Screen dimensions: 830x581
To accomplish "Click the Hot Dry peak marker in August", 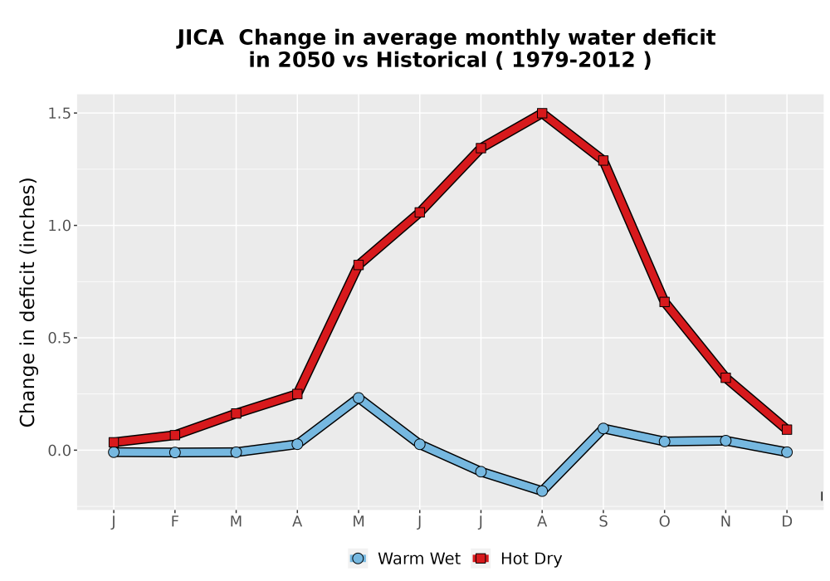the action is (x=541, y=113).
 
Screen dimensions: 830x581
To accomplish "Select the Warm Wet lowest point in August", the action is (x=541, y=491).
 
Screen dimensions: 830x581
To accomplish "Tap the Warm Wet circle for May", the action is (x=359, y=398).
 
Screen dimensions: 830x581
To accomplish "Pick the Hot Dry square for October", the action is (x=664, y=301).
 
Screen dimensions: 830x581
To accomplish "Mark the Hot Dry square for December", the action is (x=787, y=429).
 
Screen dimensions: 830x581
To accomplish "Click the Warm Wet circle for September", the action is (x=603, y=428).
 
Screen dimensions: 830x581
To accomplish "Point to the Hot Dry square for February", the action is (x=174, y=435).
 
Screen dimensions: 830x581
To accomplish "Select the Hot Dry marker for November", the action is (x=725, y=378).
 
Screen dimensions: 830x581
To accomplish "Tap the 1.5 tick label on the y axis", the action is (x=59, y=113).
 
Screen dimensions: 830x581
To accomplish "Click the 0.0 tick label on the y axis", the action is (x=59, y=451).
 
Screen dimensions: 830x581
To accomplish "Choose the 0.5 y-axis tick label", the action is (x=59, y=338).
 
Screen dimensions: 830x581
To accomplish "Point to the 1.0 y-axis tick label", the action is (x=59, y=226).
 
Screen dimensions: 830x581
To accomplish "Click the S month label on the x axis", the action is (x=603, y=522).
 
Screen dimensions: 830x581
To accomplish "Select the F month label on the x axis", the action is (x=174, y=522).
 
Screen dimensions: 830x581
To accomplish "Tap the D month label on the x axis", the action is (x=787, y=522).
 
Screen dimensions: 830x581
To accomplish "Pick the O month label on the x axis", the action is (x=664, y=522).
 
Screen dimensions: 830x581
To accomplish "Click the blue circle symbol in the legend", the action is (x=359, y=559).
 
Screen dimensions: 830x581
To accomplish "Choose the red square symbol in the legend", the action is (x=481, y=559).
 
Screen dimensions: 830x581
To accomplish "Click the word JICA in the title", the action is (x=200, y=38).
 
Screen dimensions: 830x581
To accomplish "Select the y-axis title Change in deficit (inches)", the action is (x=27, y=302).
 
